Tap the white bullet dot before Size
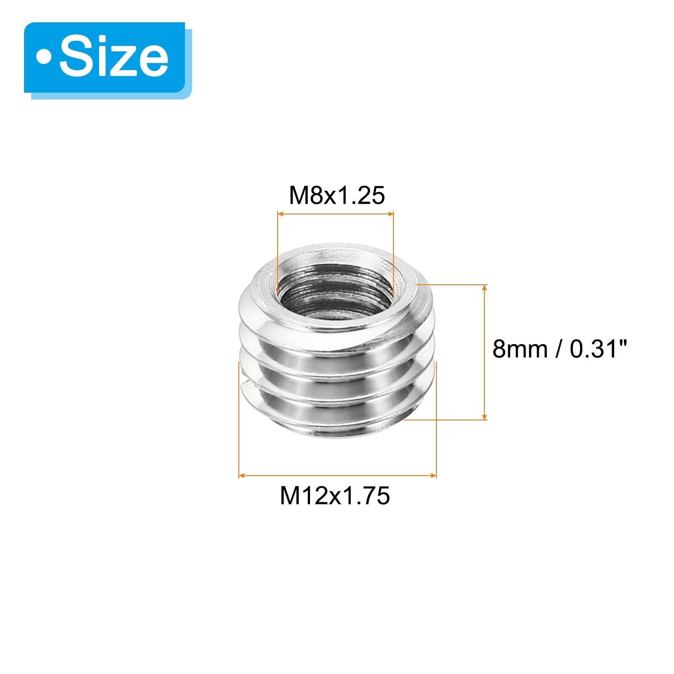44,57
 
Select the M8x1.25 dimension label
337,195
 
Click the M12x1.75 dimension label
335,495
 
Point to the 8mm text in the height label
520,349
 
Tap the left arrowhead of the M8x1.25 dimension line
281,214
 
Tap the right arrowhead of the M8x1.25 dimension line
390,214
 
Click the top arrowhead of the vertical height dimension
484,288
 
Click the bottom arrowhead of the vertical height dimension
484,416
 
